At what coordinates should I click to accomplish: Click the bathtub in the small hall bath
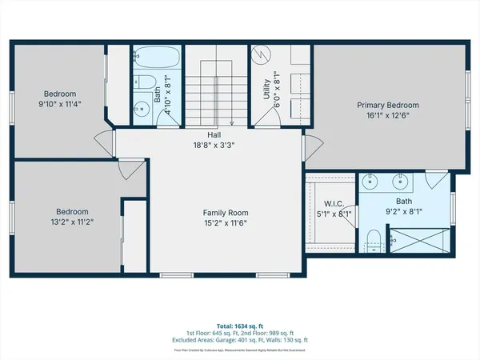[150, 58]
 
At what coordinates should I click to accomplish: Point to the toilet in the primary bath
[374, 237]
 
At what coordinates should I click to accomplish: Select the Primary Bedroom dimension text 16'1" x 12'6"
[387, 114]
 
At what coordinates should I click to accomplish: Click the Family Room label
[225, 213]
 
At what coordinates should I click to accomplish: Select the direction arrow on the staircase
[231, 122]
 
